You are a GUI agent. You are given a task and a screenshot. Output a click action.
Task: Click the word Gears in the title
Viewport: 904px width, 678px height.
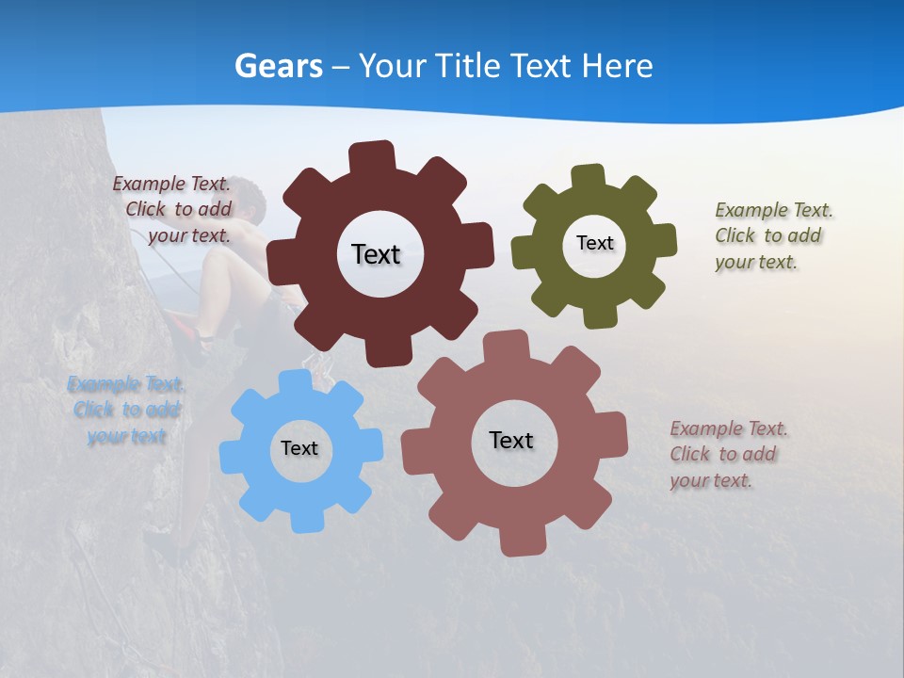[x=278, y=66]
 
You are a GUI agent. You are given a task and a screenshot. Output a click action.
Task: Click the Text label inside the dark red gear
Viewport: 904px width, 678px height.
[x=376, y=254]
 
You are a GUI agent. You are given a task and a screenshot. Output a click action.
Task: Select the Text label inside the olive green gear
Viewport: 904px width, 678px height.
[x=594, y=243]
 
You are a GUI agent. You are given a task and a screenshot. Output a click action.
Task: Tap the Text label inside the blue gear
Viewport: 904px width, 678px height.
[x=299, y=448]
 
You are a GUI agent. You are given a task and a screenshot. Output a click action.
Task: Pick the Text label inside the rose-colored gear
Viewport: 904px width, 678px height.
[x=511, y=440]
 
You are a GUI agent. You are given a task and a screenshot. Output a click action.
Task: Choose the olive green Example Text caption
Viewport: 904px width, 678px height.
[x=772, y=236]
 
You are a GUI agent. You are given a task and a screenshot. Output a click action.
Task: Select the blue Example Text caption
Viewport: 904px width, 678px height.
[x=126, y=410]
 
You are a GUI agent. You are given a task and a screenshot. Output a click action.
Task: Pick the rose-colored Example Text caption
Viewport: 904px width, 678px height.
[x=727, y=454]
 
